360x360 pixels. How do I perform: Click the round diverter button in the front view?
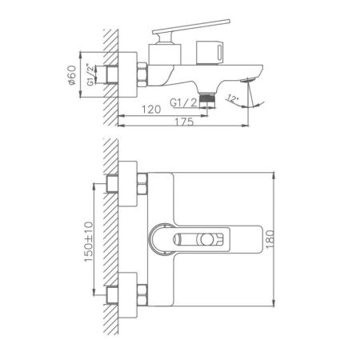click(210, 238)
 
